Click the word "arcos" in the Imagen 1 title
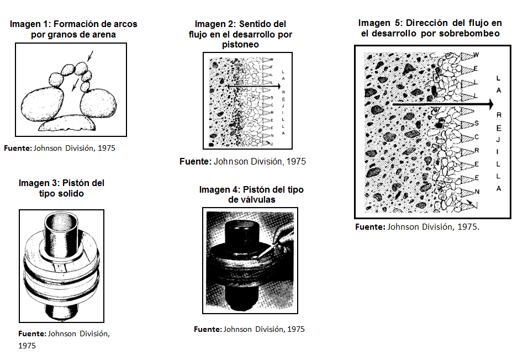coord(125,24)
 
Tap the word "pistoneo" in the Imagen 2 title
coord(240,45)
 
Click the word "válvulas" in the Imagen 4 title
coord(252,200)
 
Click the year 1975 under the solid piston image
coord(27,346)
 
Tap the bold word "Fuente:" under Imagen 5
coord(370,227)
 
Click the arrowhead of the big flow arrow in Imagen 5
coord(490,104)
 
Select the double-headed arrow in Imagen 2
coord(254,87)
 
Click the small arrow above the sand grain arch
coord(90,56)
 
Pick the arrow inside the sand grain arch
coord(75,85)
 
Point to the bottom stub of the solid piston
coord(61,310)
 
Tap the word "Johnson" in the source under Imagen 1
coord(47,148)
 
